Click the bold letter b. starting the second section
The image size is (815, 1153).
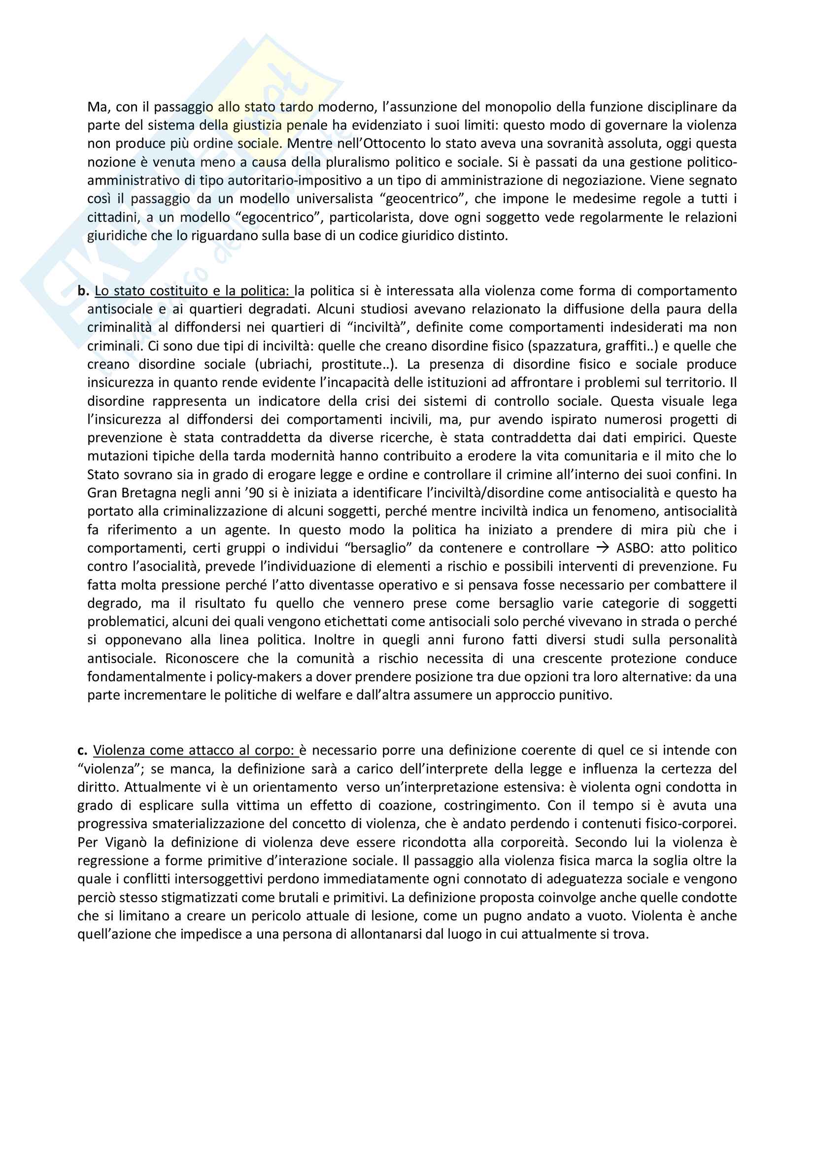coord(83,291)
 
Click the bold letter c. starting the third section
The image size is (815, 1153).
coord(82,750)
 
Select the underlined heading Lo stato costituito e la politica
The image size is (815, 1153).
coord(194,291)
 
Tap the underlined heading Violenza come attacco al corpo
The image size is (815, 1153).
coord(196,750)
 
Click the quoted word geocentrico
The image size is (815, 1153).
coord(423,199)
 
